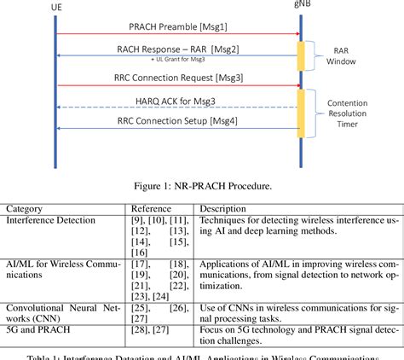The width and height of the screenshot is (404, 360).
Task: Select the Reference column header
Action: (152, 208)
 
